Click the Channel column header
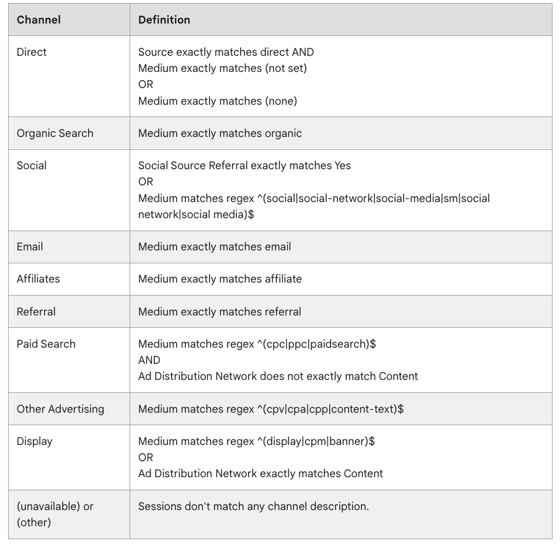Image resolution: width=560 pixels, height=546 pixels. (38, 20)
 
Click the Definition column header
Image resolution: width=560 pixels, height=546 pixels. (164, 20)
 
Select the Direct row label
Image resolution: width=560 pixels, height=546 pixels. (32, 52)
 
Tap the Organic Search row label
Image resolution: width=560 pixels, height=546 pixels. (55, 133)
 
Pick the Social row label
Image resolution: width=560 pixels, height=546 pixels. (32, 165)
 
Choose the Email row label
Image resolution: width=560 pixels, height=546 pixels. (30, 247)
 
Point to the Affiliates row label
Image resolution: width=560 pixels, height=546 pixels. (38, 279)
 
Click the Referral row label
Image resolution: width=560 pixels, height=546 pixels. (36, 311)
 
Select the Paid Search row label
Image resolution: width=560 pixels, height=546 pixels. (46, 344)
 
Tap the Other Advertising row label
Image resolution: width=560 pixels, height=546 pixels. (60, 409)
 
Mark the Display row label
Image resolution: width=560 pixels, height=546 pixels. (34, 441)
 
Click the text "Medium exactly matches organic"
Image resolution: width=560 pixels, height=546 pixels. (220, 133)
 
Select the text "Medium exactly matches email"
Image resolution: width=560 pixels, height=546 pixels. (215, 247)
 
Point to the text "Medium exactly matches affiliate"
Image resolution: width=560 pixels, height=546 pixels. (220, 279)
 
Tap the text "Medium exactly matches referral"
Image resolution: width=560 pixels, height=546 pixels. (220, 311)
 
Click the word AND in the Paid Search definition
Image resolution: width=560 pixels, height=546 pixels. (149, 360)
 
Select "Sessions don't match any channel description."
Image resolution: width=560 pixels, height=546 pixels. (253, 506)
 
